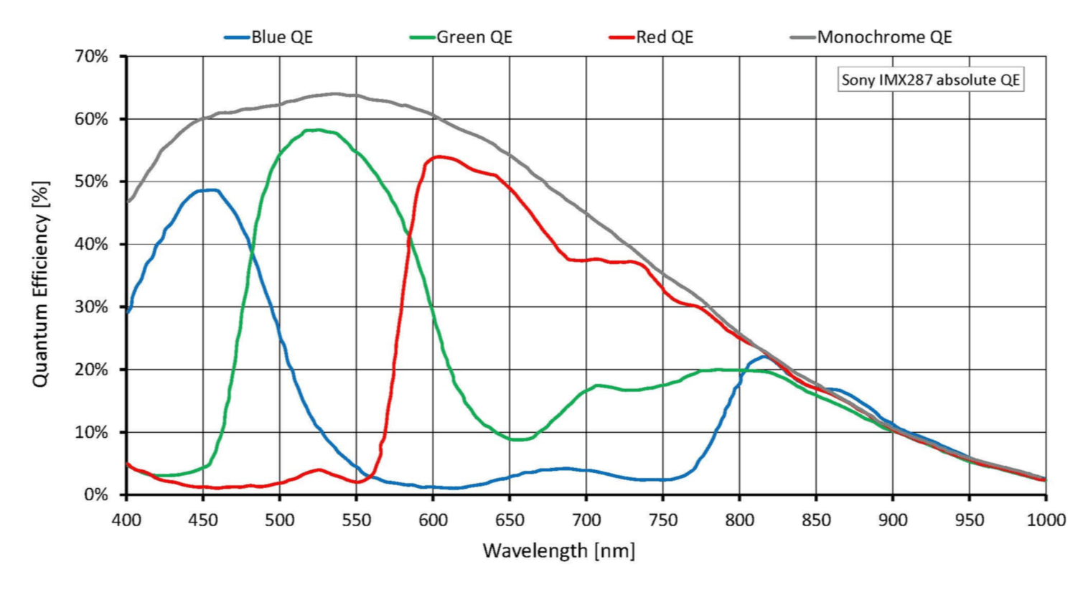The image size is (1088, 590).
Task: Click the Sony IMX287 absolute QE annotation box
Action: [x=930, y=80]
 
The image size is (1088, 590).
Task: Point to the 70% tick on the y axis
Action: [x=91, y=56]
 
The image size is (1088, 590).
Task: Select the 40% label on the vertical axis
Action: [x=91, y=244]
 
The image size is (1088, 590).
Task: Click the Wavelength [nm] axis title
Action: [x=558, y=551]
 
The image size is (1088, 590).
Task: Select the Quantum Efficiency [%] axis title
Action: [x=40, y=284]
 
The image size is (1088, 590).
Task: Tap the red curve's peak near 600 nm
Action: [x=437, y=156]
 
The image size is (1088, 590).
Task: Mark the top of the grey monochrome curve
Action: [x=334, y=93]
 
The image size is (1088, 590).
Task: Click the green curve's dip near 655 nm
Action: [x=517, y=439]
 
